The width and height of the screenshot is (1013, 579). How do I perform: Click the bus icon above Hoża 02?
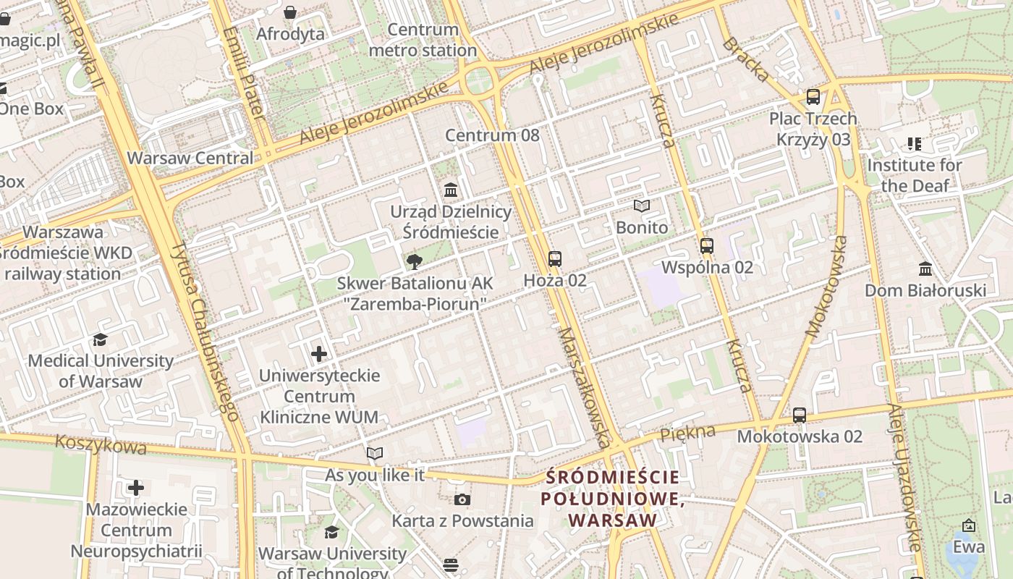555,258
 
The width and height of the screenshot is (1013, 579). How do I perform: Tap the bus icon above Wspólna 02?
707,246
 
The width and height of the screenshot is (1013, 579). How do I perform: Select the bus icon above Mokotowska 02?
799,415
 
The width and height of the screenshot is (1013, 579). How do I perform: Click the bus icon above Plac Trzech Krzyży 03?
813,97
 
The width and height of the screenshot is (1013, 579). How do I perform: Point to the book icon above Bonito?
642,206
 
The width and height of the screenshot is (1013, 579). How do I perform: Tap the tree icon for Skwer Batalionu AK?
414,261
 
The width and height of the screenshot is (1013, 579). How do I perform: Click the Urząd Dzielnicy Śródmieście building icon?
451,190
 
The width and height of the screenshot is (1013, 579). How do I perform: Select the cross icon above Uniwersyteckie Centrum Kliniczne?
319,354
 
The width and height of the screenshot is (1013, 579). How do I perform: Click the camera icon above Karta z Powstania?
462,499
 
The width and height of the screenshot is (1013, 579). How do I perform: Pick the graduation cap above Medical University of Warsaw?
101,339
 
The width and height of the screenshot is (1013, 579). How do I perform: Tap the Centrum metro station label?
423,41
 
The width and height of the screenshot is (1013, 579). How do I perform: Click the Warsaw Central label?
190,158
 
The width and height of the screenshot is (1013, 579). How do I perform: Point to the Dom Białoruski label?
925,291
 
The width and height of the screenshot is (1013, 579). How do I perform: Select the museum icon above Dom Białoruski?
925,270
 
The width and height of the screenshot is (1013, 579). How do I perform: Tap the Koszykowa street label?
101,444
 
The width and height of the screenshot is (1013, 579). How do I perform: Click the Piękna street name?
687,433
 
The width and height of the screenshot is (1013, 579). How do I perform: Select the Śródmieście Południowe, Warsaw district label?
613,499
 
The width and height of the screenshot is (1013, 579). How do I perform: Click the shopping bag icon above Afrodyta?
290,12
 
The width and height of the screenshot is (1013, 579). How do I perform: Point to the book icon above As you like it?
374,454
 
